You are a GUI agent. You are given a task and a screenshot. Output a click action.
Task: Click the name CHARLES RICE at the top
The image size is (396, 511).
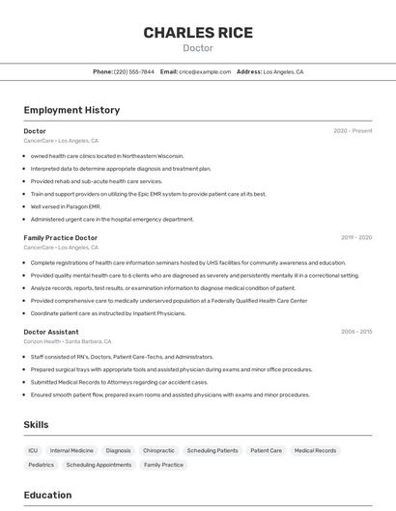(198, 33)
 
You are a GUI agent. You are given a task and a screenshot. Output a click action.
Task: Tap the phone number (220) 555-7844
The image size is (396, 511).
(133, 71)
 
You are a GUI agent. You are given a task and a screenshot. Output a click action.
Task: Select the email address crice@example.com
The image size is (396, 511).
(205, 71)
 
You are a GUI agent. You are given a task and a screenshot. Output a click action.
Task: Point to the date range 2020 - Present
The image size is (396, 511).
(353, 131)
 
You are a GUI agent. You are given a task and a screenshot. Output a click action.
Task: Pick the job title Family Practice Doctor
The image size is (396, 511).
(61, 237)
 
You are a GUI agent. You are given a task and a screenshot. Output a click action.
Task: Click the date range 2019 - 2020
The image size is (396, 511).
(355, 237)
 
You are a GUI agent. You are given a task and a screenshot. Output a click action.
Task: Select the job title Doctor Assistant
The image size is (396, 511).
(51, 332)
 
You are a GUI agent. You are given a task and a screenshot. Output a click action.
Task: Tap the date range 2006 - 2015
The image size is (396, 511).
(355, 332)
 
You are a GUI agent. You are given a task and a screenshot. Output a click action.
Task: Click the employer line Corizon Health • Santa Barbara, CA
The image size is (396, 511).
(68, 341)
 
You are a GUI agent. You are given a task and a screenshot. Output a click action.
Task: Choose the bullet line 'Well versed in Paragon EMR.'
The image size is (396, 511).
(66, 206)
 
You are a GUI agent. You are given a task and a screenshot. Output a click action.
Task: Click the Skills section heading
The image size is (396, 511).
(36, 424)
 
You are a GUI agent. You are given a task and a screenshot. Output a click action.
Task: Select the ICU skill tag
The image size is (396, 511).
(33, 450)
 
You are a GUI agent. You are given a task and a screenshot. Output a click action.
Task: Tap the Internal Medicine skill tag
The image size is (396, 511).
(72, 450)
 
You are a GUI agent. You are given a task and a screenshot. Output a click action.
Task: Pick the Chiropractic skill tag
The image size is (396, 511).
(158, 450)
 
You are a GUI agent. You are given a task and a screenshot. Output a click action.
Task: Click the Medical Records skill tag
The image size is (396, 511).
(315, 450)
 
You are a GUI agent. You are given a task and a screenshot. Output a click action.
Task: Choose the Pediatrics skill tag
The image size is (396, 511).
(41, 465)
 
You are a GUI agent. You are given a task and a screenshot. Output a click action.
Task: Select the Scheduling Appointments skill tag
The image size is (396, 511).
(99, 465)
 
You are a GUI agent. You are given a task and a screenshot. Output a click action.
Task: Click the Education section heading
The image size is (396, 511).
(47, 495)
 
